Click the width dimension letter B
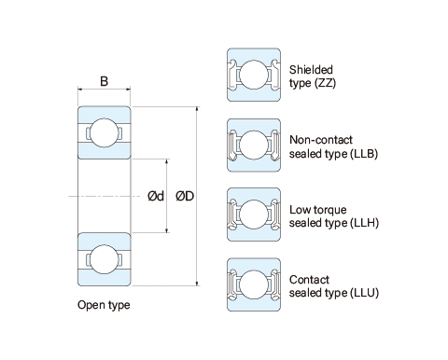(x=105, y=81)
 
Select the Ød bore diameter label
(x=156, y=196)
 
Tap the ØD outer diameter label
(x=185, y=196)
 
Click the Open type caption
(x=104, y=305)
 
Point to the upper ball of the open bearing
(x=105, y=132)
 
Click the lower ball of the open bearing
(x=105, y=259)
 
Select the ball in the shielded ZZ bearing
(x=254, y=75)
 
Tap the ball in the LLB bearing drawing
(x=254, y=145)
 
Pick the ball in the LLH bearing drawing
(x=254, y=215)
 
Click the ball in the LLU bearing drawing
(x=254, y=284)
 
